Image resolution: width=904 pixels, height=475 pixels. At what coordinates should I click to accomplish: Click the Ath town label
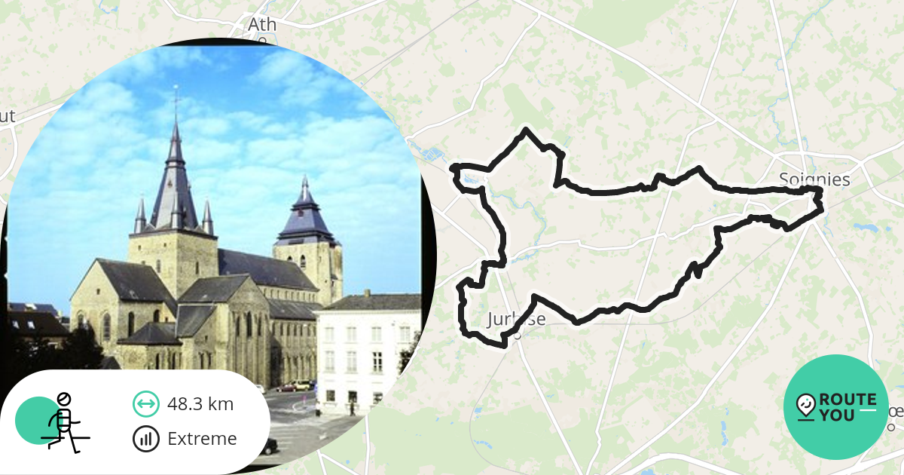tap(262, 25)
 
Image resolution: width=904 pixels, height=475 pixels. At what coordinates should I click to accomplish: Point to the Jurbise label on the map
tap(516, 318)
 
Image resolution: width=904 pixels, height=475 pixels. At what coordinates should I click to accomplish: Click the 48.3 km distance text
tap(200, 404)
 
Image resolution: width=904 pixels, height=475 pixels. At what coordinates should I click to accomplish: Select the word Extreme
tap(202, 439)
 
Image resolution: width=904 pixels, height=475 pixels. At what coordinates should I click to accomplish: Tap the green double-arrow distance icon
tap(145, 404)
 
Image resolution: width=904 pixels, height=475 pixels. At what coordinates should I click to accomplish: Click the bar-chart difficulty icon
tap(145, 439)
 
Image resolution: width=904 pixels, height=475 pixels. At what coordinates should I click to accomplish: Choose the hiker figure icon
tap(65, 422)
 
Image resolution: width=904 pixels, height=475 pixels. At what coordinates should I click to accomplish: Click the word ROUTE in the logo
tap(847, 400)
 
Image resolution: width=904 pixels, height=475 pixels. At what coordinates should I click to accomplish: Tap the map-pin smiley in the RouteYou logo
tap(805, 406)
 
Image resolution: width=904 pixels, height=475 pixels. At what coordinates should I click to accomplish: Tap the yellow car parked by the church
tap(302, 385)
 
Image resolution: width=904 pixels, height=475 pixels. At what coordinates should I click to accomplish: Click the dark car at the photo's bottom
tap(267, 446)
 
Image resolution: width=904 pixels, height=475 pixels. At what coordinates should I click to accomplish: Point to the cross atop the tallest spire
tap(176, 97)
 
